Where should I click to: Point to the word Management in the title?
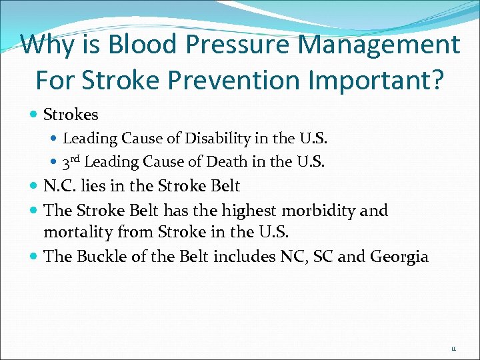382,45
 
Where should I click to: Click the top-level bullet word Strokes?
71,115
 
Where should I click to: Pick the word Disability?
213,139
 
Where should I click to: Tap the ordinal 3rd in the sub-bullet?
71,161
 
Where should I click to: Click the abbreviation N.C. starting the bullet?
61,186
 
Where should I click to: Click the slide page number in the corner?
454,348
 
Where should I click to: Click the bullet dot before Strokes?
34,115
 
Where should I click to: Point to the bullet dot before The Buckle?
34,257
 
